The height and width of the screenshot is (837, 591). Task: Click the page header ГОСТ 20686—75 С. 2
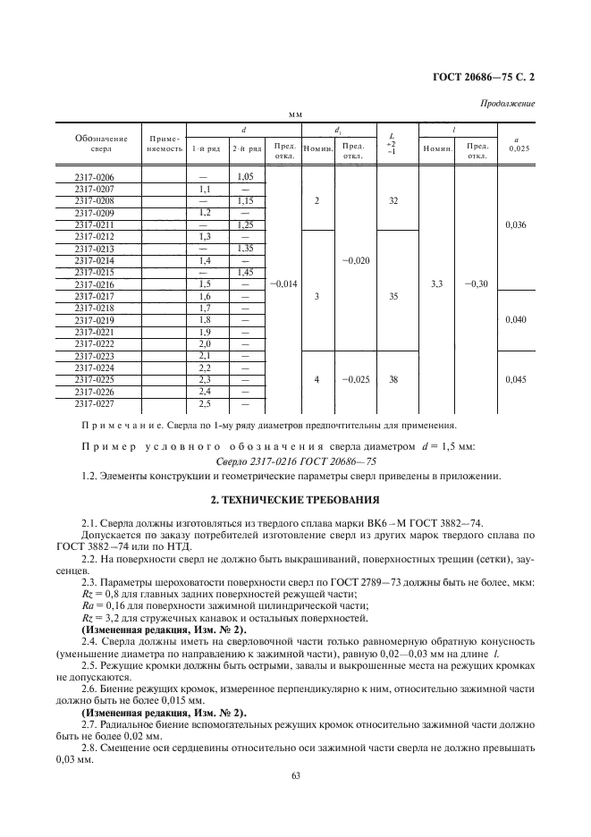pyautogui.click(x=485, y=77)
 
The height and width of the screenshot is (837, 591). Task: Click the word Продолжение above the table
pyautogui.click(x=508, y=104)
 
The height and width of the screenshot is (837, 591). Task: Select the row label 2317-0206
pyautogui.click(x=95, y=178)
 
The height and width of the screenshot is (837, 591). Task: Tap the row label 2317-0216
pyautogui.click(x=95, y=283)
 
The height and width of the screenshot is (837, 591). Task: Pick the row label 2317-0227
pyautogui.click(x=95, y=402)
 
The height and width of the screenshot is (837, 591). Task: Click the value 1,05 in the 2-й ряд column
pyautogui.click(x=246, y=178)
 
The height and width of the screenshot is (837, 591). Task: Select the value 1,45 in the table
pyautogui.click(x=246, y=272)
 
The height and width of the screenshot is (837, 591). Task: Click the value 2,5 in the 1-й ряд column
pyautogui.click(x=204, y=402)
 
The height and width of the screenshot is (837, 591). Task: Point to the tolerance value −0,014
pyautogui.click(x=283, y=283)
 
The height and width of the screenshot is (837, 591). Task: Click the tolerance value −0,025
pyautogui.click(x=356, y=379)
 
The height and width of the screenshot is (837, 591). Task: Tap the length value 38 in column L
pyautogui.click(x=393, y=379)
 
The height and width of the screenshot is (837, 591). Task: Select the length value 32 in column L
pyautogui.click(x=393, y=201)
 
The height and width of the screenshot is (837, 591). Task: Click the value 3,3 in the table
pyautogui.click(x=435, y=283)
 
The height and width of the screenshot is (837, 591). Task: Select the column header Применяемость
pyautogui.click(x=163, y=144)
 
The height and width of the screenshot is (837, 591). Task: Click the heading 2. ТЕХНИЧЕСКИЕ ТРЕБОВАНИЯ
pyautogui.click(x=295, y=498)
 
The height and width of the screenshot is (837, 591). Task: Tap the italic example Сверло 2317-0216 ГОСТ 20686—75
pyautogui.click(x=295, y=461)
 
